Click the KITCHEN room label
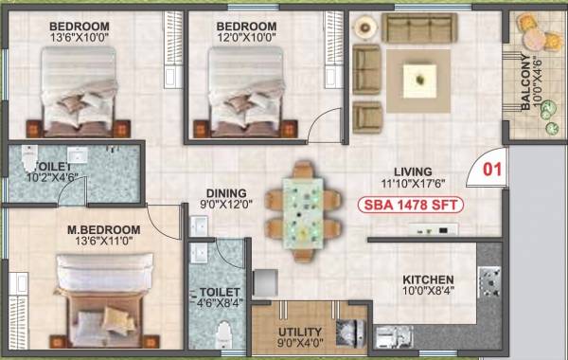click(x=428, y=280)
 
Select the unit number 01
click(x=491, y=171)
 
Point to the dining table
click(x=303, y=209)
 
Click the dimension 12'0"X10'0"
click(x=245, y=39)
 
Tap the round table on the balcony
click(x=535, y=39)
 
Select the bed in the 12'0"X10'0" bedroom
click(x=244, y=91)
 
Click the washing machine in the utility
click(x=349, y=333)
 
